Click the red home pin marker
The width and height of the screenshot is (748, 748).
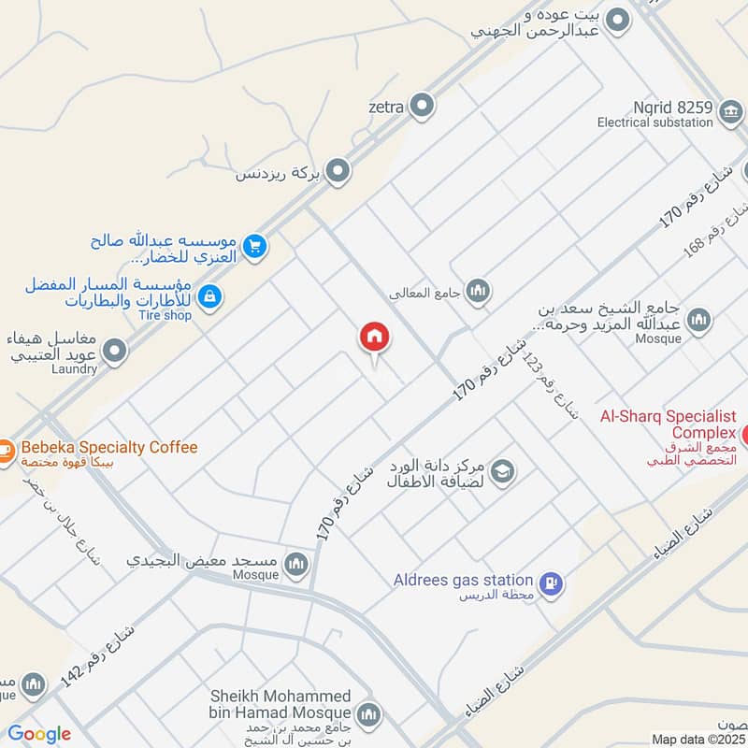(374, 338)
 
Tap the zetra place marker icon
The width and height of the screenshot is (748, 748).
(424, 106)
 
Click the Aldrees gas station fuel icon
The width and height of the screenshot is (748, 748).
(552, 583)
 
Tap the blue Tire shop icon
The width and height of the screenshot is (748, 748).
(211, 297)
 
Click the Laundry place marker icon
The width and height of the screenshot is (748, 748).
(115, 351)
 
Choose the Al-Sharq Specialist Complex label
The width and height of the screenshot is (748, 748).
(669, 424)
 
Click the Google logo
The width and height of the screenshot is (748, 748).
(39, 734)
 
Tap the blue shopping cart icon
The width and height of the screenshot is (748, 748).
(254, 246)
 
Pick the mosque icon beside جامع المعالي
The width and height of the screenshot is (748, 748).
(478, 292)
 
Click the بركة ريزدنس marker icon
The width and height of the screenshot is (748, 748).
(338, 172)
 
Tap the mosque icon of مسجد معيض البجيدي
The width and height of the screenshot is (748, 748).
(296, 563)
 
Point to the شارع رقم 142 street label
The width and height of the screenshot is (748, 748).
(97, 657)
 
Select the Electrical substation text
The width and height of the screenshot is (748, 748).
(654, 122)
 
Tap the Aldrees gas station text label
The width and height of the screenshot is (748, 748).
(463, 581)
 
